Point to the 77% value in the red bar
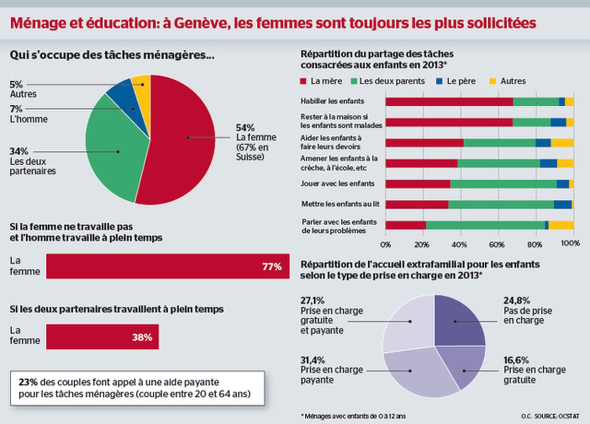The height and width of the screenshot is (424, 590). [x=271, y=267]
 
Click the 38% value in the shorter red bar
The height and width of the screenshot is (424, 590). [x=142, y=337]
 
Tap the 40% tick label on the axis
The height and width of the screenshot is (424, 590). [x=460, y=243]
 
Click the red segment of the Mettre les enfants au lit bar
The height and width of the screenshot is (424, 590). [x=416, y=204]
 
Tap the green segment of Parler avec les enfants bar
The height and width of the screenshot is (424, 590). [x=484, y=225]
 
